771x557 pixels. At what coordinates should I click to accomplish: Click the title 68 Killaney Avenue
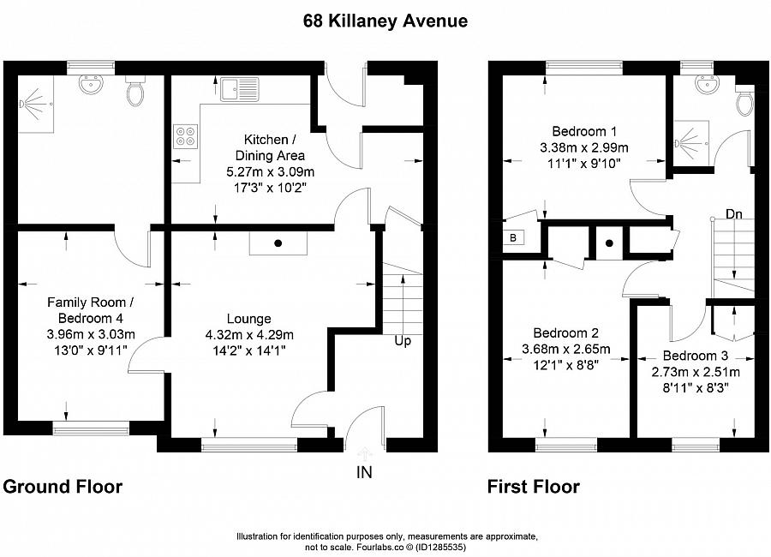pyautogui.click(x=385, y=21)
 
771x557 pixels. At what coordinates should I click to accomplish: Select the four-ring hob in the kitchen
pyautogui.click(x=185, y=137)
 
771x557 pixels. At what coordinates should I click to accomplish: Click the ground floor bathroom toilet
pyautogui.click(x=135, y=92)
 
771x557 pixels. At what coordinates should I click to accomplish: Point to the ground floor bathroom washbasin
pyautogui.click(x=89, y=86)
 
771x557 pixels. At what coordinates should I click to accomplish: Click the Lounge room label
pyautogui.click(x=249, y=319)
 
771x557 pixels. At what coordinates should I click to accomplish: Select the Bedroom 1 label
pyautogui.click(x=584, y=131)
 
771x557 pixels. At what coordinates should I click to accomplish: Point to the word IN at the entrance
pyautogui.click(x=364, y=471)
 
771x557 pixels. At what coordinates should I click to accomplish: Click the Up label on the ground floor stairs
pyautogui.click(x=403, y=341)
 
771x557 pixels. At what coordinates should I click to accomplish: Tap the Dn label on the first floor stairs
pyautogui.click(x=733, y=213)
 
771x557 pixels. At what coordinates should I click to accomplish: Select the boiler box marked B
pyautogui.click(x=513, y=238)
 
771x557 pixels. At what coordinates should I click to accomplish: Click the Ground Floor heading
pyautogui.click(x=63, y=487)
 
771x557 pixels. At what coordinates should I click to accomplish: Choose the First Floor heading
pyautogui.click(x=534, y=487)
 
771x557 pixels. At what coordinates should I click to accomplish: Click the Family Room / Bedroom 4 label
pyautogui.click(x=91, y=309)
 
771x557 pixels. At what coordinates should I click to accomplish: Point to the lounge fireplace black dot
pyautogui.click(x=278, y=243)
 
